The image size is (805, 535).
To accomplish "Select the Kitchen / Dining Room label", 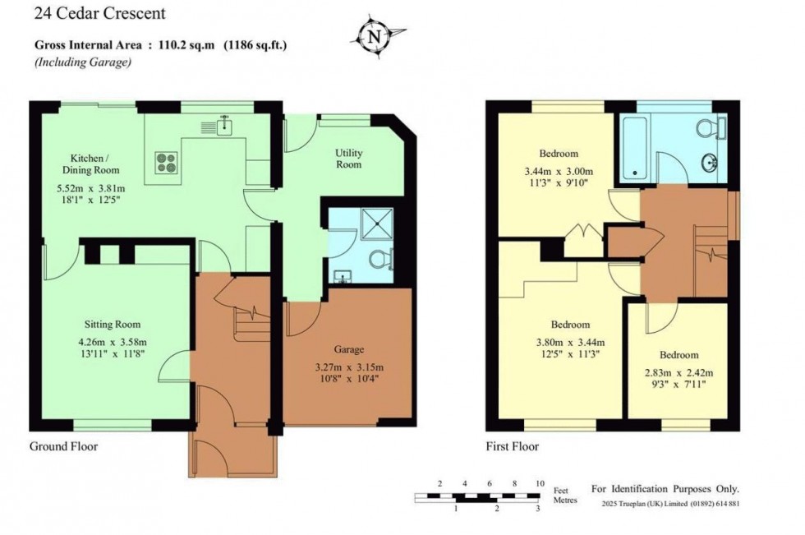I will coord(94,164).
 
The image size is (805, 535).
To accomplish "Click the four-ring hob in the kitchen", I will coord(165,161).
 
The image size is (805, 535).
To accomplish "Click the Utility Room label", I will coord(348,159).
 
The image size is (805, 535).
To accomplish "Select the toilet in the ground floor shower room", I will coord(379,260).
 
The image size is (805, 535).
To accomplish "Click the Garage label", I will coord(348,349).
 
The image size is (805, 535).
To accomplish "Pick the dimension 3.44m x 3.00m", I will coord(559,171).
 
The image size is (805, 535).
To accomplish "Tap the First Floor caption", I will coord(512,447).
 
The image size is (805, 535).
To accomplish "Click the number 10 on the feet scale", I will coord(539,483).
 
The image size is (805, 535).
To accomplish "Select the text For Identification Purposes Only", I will coord(665,488).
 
